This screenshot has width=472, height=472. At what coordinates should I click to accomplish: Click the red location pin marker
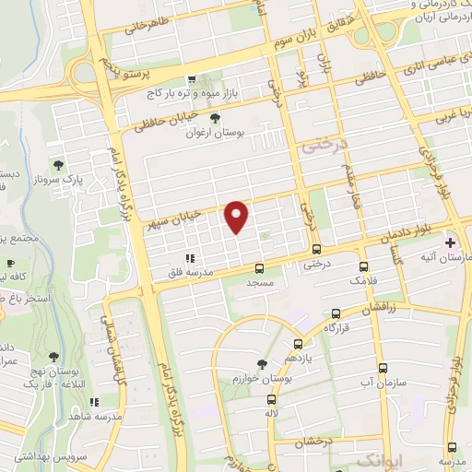238,217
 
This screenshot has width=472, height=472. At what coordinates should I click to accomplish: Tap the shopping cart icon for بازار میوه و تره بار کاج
192,80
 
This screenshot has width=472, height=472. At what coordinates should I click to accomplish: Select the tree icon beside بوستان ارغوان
216,118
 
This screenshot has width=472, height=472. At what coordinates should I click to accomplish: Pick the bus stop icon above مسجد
259,268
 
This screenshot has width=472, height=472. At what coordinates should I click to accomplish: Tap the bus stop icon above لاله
271,399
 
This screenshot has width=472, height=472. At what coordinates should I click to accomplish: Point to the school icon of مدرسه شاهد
93,402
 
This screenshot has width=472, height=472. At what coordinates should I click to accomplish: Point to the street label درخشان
313,443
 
